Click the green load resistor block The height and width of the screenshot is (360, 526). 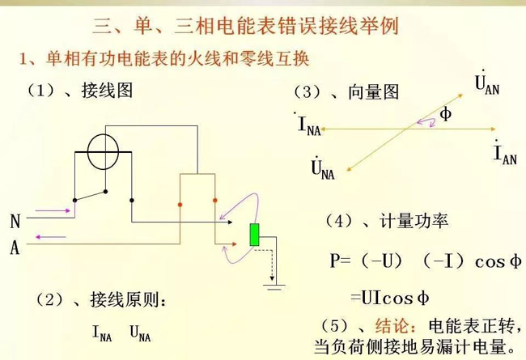click(255, 235)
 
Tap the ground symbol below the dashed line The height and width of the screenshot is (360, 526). click(274, 287)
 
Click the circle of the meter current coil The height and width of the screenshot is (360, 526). click(103, 151)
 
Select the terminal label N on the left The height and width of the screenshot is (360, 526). click(15, 222)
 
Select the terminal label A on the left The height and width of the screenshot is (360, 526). click(15, 248)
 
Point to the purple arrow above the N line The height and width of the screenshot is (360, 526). click(53, 210)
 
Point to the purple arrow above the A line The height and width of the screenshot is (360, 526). click(51, 237)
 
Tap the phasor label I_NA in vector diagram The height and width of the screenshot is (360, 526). click(308, 124)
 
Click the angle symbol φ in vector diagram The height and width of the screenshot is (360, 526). click(445, 114)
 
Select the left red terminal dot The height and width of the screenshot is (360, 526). click(180, 205)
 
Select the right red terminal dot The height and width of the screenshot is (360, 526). click(215, 201)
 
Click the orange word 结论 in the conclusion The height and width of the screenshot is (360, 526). click(392, 325)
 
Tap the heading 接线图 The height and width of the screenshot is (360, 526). click(107, 91)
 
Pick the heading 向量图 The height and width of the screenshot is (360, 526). click(373, 92)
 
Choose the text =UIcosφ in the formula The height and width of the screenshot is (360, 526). click(390, 299)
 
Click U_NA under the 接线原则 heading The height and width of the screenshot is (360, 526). click(140, 333)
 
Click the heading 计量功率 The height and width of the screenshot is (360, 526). click(414, 221)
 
